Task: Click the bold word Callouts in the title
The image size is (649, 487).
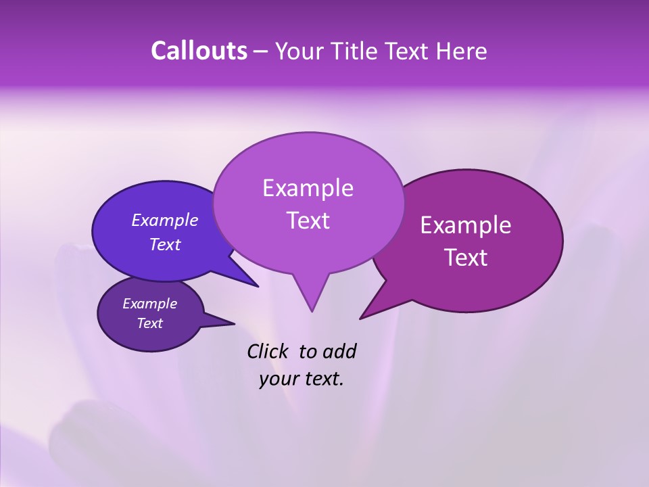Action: point(199,51)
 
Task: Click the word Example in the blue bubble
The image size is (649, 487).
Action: point(164,220)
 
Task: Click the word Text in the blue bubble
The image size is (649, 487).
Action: point(164,244)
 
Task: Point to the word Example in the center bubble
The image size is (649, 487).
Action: point(308,188)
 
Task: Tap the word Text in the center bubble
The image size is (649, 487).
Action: point(308,221)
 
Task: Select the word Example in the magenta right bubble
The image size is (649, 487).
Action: point(466,225)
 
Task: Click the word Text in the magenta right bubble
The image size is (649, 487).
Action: point(466,258)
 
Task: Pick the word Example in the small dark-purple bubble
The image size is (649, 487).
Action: point(149,304)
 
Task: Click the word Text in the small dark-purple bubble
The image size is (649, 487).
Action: point(149,323)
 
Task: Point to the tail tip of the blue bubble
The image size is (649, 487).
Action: point(258,286)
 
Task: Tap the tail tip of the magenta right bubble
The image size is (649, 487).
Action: point(361,318)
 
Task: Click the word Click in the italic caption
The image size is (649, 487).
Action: point(269,351)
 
